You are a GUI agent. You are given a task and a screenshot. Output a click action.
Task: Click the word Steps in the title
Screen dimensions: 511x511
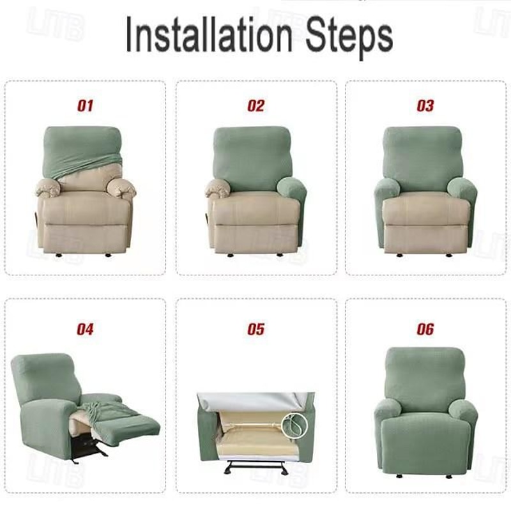click(349, 37)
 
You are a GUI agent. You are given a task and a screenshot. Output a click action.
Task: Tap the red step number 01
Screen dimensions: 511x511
click(85, 105)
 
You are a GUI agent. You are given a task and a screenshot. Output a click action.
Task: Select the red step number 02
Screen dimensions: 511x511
click(256, 105)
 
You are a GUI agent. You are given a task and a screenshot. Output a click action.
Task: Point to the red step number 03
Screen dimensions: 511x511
click(425, 105)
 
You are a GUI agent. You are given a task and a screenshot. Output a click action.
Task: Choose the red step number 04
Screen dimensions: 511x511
click(85, 330)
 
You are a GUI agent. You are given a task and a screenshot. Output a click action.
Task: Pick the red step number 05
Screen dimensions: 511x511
click(256, 330)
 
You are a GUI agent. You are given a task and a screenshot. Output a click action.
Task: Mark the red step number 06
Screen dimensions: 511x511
click(425, 330)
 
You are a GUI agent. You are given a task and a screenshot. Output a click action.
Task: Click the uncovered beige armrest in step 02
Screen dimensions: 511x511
click(218, 188)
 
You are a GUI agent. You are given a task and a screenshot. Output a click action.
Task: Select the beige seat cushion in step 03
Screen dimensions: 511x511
click(425, 211)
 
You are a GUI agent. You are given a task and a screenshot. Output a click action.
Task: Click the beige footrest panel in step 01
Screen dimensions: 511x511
click(85, 238)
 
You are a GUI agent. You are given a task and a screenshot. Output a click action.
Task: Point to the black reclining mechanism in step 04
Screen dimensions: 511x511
click(86, 447)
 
